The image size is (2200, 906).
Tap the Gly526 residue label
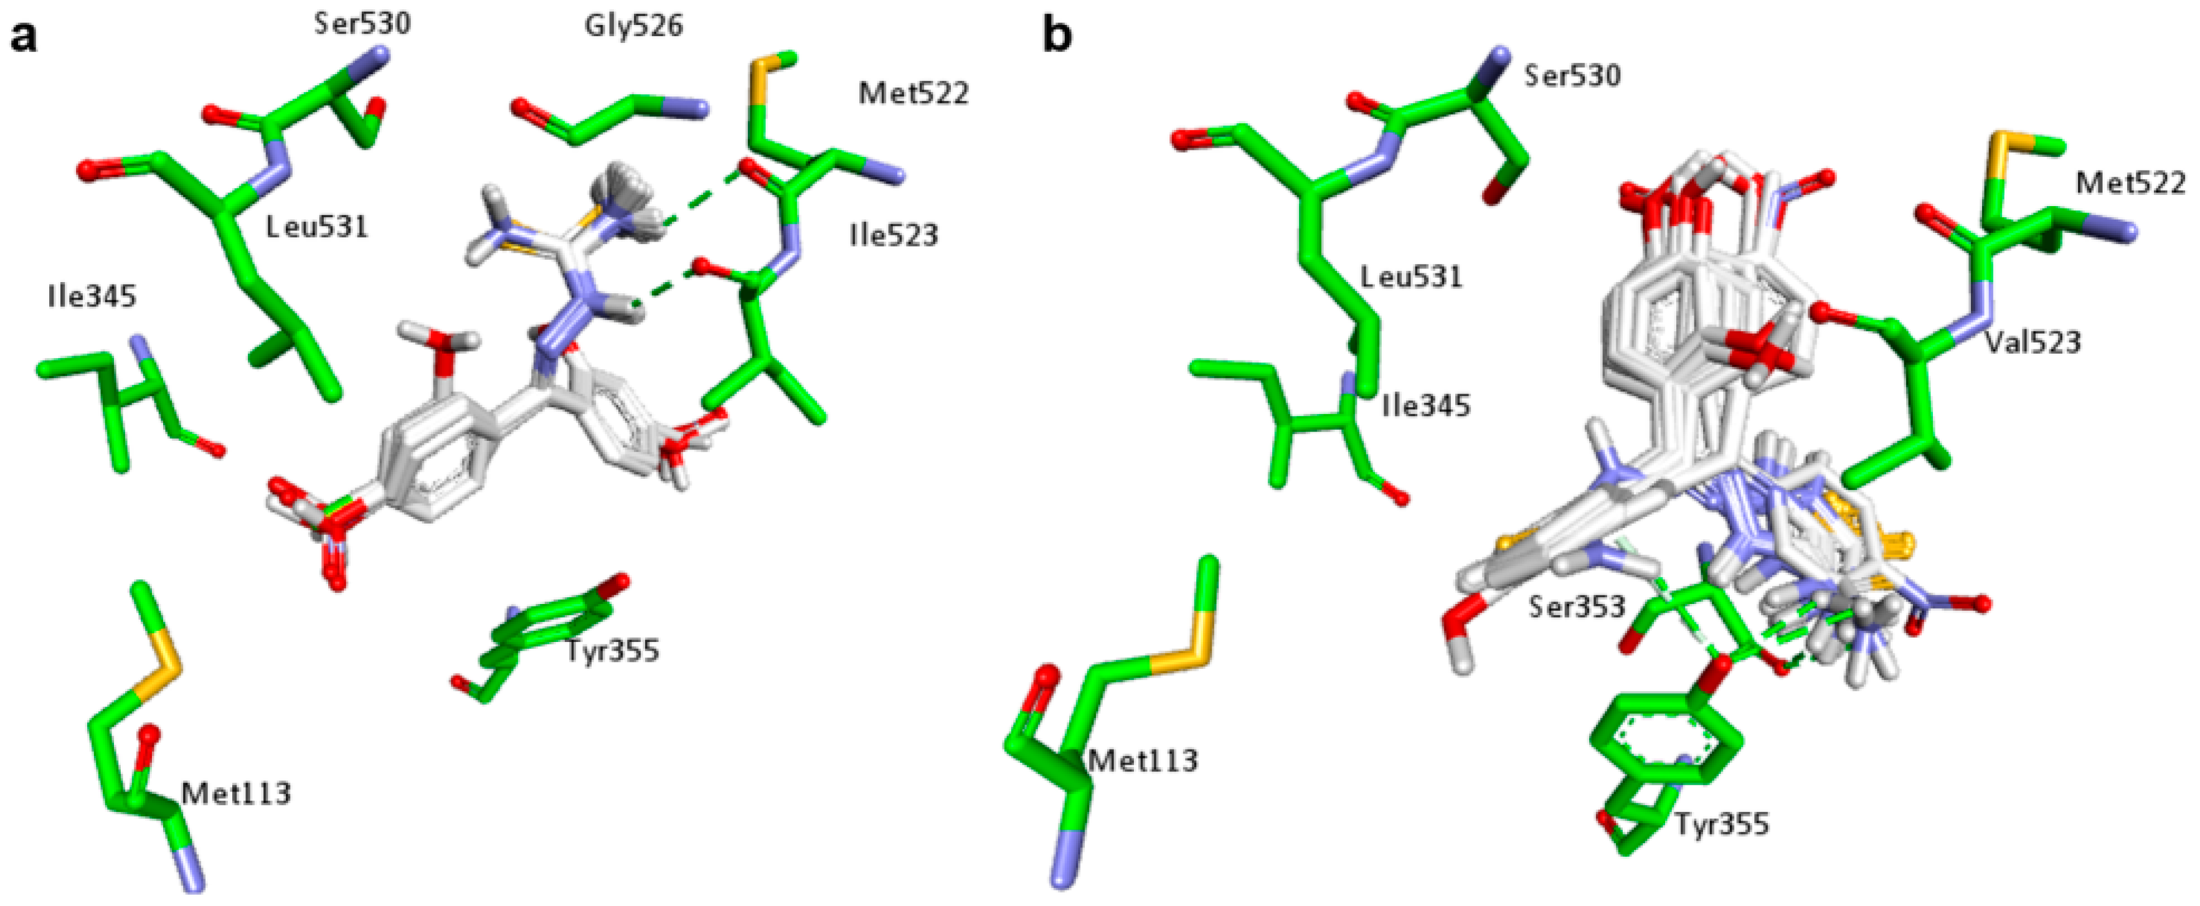coord(634,26)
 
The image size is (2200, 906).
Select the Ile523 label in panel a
coord(894,235)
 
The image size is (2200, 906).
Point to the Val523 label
coord(2032,342)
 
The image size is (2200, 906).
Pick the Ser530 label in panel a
coord(362,23)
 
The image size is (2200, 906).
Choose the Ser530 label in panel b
coord(1572,76)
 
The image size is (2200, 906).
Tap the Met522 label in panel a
coord(913,92)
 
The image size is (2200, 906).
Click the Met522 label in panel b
coord(2131,182)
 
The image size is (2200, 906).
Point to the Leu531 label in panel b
coord(1411,276)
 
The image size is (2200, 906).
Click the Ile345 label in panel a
coord(92,296)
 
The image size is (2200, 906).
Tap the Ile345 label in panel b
coord(1426,405)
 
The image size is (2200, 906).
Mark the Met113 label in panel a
coord(237,793)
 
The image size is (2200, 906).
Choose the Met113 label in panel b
coord(1143,759)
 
